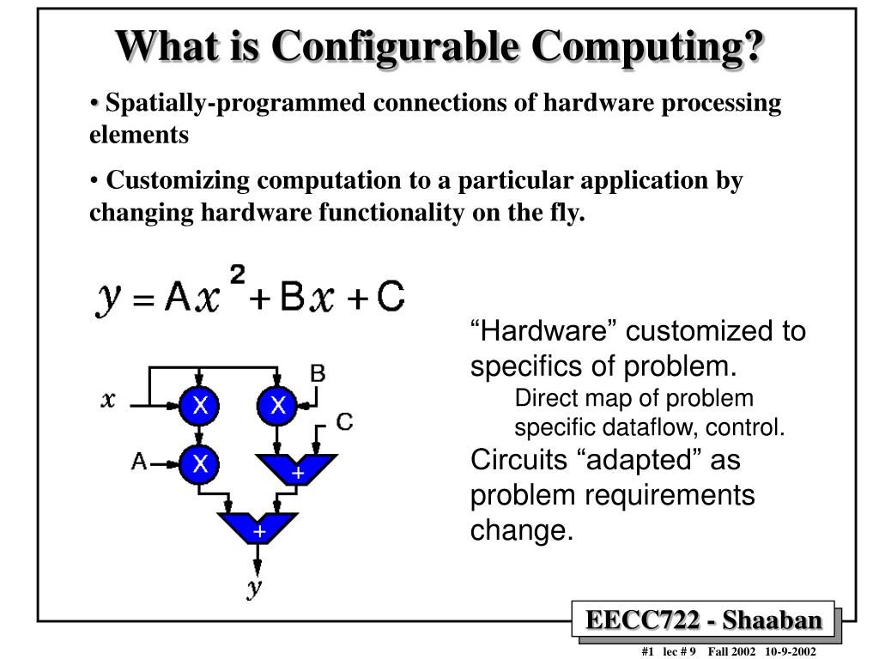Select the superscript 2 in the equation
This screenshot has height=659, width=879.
(238, 275)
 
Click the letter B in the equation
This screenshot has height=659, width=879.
(292, 296)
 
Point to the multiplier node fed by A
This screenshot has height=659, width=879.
(199, 464)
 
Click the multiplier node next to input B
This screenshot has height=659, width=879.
(277, 406)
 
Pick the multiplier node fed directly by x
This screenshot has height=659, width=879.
(199, 406)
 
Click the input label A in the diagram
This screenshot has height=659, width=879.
(138, 462)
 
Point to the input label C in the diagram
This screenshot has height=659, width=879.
(344, 422)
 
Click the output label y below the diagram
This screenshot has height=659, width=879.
(255, 588)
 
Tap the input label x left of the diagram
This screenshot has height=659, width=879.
(108, 400)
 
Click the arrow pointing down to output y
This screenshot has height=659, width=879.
(258, 559)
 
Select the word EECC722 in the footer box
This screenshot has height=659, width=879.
(642, 620)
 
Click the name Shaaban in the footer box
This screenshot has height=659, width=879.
(772, 620)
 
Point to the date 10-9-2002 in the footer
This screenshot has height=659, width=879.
(791, 651)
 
